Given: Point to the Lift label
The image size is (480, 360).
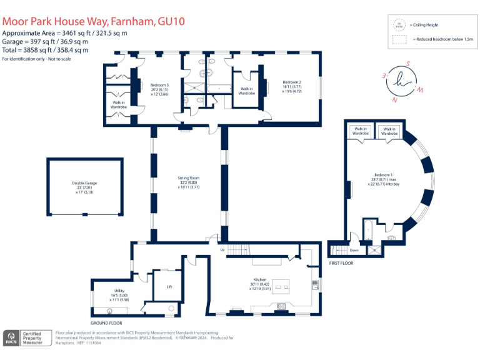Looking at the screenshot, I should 169,287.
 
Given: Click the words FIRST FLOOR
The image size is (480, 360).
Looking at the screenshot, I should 342,263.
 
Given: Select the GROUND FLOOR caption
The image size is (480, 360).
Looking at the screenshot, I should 106,323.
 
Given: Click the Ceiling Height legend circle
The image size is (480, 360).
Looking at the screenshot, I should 398,25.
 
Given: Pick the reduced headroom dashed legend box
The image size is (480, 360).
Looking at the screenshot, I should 398,39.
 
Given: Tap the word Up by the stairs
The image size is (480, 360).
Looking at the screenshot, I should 221,250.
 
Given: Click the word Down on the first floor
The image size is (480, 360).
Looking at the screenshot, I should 354,250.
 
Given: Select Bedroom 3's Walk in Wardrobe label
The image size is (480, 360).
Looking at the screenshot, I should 119,104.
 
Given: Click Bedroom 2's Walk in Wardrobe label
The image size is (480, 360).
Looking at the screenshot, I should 247,91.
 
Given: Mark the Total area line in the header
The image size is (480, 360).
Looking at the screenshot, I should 45,49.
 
